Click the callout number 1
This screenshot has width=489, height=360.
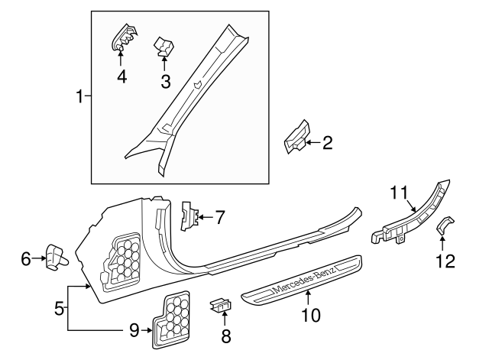(x=79, y=96)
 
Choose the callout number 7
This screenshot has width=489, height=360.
(x=219, y=218)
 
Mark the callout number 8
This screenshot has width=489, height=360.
(x=225, y=335)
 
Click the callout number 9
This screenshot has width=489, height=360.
(x=134, y=330)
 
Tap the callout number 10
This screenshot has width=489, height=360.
(x=309, y=313)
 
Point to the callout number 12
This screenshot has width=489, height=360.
(x=445, y=261)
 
